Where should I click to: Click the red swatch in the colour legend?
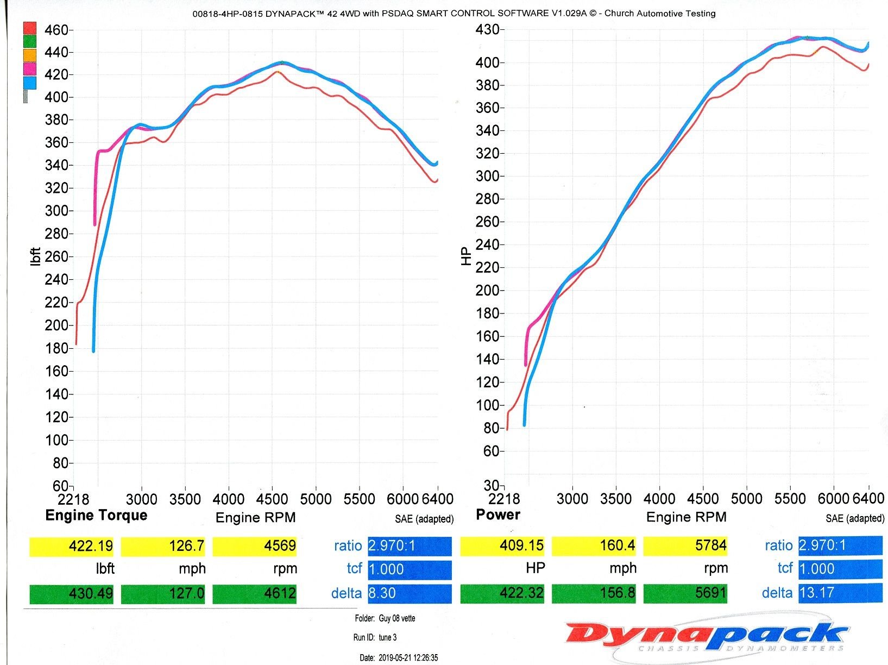29,28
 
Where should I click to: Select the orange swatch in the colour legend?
29,55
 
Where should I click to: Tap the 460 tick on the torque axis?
56,30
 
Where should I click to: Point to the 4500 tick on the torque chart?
272,499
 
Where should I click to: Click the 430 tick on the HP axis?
487,29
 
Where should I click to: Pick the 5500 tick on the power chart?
790,498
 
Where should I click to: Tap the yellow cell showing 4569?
255,545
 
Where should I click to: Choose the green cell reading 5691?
685,593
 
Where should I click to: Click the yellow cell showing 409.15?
502,545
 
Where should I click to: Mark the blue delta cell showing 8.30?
410,593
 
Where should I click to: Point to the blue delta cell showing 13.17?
840,592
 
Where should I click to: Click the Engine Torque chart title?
96,515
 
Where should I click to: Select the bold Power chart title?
498,515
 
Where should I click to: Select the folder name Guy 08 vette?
397,618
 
